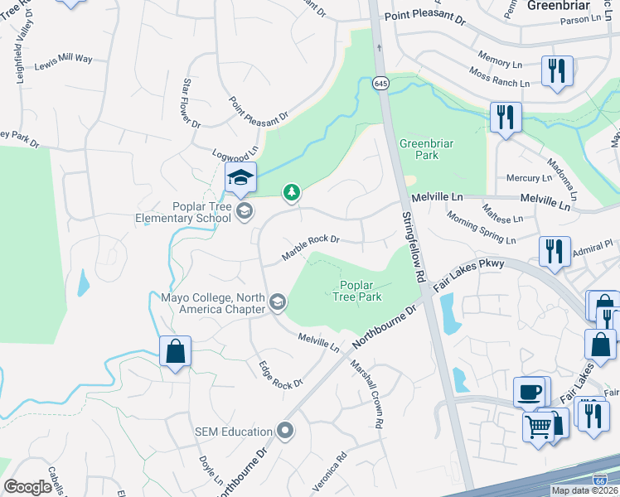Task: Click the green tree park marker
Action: pyautogui.click(x=291, y=193)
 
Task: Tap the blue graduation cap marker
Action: pyautogui.click(x=240, y=177)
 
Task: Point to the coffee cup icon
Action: pyautogui.click(x=530, y=392)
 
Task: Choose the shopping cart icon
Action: pyautogui.click(x=539, y=428)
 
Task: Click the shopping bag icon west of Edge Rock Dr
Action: pyautogui.click(x=176, y=351)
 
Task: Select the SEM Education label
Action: pyautogui.click(x=234, y=432)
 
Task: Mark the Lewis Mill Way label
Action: pyautogui.click(x=63, y=60)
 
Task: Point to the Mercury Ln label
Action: pyautogui.click(x=528, y=178)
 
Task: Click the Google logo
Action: pyautogui.click(x=28, y=487)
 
